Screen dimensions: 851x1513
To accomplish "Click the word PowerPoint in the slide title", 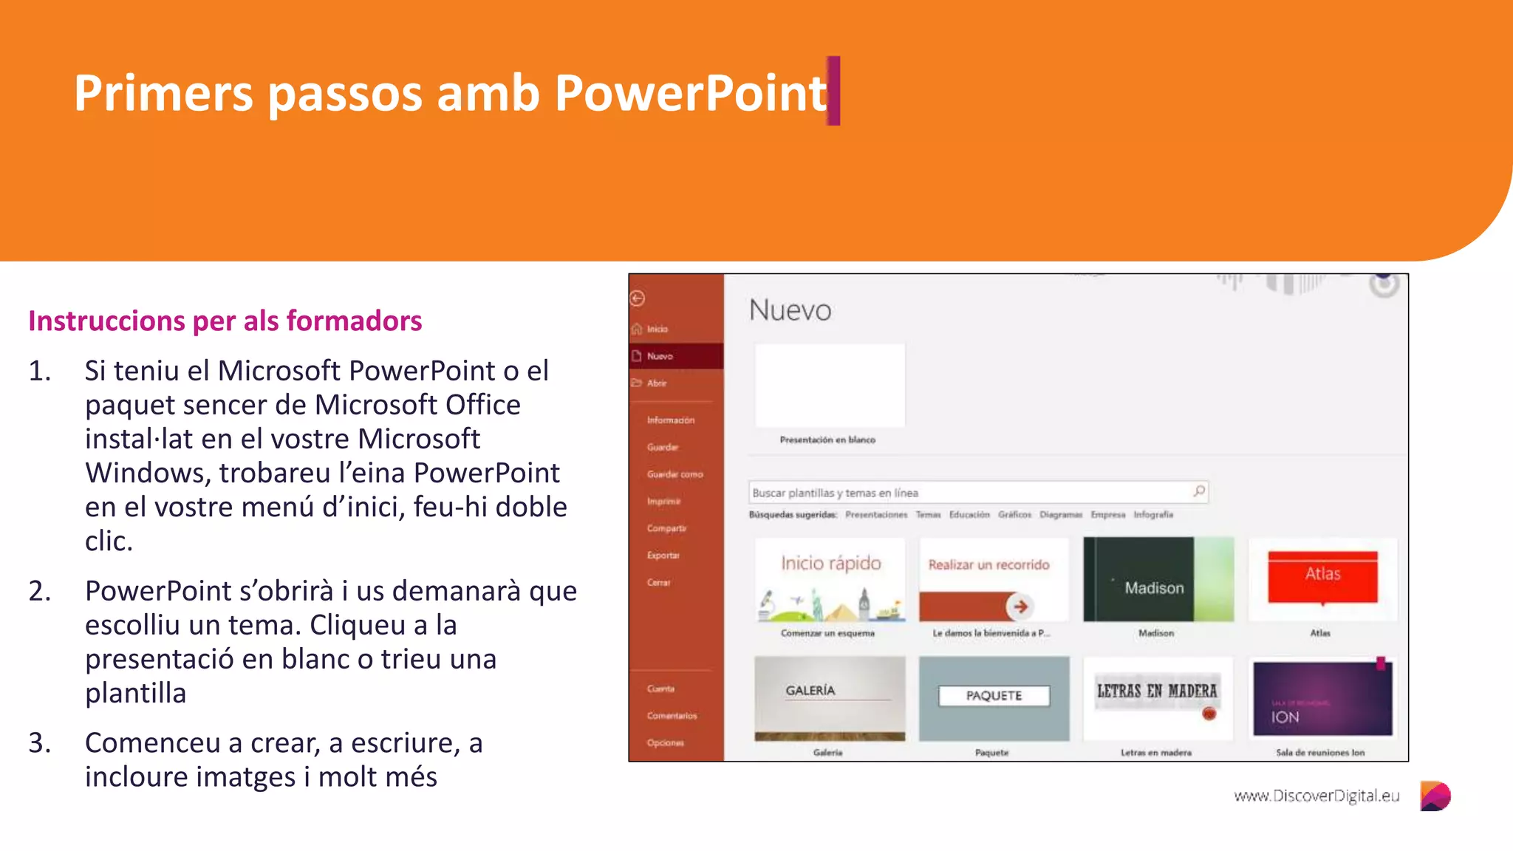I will (x=690, y=94).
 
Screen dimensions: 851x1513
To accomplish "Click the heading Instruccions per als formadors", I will (x=225, y=321).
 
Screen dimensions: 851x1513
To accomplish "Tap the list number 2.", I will (x=40, y=591).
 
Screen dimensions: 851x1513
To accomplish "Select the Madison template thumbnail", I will (x=1158, y=579).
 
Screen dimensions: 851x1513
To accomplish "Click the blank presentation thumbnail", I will (x=830, y=386).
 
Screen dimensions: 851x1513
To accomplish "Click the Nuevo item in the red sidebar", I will (x=660, y=356).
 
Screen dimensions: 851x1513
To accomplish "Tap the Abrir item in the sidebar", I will (x=657, y=383).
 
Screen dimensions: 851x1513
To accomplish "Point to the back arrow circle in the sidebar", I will (x=638, y=298).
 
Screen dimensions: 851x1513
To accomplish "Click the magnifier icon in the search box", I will (x=1198, y=492).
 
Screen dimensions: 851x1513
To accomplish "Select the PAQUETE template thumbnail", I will (x=994, y=698).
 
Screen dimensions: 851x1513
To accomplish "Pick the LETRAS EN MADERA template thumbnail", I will (x=1157, y=698).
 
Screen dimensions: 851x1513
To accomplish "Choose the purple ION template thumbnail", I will (x=1322, y=698).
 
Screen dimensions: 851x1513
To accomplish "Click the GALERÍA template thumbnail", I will (x=830, y=698).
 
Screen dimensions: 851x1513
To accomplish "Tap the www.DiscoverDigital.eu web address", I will (x=1316, y=796).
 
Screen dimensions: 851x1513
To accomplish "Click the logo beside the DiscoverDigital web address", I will (x=1435, y=796).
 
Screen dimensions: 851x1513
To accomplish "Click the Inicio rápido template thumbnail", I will (x=830, y=579).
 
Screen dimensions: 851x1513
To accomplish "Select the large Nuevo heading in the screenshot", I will (x=790, y=310).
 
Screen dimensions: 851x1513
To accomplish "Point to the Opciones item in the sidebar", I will (x=665, y=743).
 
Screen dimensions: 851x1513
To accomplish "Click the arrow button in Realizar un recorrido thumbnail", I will (x=1020, y=606).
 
